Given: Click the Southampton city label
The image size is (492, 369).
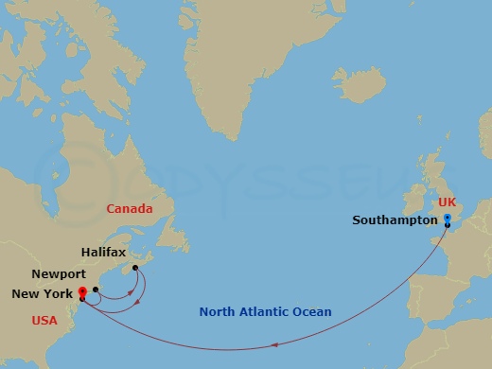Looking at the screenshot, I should coord(395,220).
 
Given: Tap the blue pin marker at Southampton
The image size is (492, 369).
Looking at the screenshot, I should coord(447,219).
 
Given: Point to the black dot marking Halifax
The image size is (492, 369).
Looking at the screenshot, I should coord(135,268).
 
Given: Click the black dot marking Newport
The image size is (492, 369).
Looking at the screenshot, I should coord(96,290).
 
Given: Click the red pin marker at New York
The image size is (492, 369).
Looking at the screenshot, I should coord(83,292).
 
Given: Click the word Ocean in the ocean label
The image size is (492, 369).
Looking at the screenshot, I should coord(313,312).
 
